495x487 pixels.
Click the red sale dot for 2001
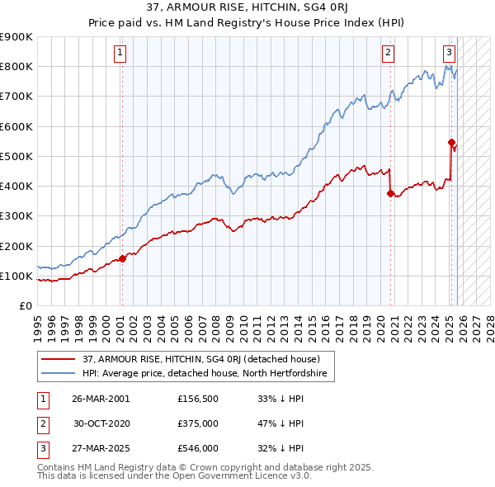122,258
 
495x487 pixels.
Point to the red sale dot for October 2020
390,194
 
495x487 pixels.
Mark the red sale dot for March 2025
451,142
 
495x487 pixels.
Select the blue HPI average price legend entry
205,374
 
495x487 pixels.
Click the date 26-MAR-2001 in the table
101,399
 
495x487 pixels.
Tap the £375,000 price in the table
198,424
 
